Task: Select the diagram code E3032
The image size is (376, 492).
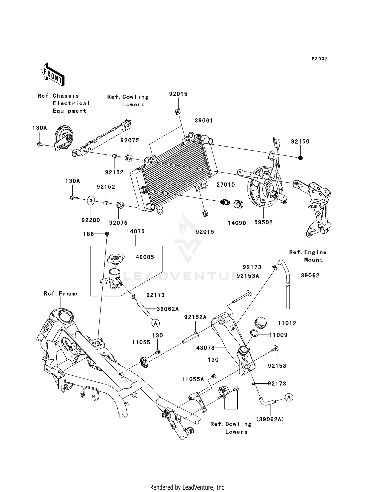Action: point(319,59)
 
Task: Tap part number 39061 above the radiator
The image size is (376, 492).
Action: point(204,121)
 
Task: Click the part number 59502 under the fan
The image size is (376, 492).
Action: point(263,222)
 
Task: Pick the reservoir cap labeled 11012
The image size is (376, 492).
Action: point(260,322)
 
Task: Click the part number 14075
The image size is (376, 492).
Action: point(135,231)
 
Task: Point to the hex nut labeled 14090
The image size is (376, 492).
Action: point(238,204)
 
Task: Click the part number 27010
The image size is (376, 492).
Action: point(226,185)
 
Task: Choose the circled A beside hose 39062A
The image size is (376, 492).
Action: point(155,323)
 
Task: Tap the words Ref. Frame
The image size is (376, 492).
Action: point(60,294)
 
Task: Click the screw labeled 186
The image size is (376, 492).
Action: point(107,234)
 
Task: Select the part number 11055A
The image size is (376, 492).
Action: point(193,380)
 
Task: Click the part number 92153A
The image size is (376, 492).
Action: point(248,276)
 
